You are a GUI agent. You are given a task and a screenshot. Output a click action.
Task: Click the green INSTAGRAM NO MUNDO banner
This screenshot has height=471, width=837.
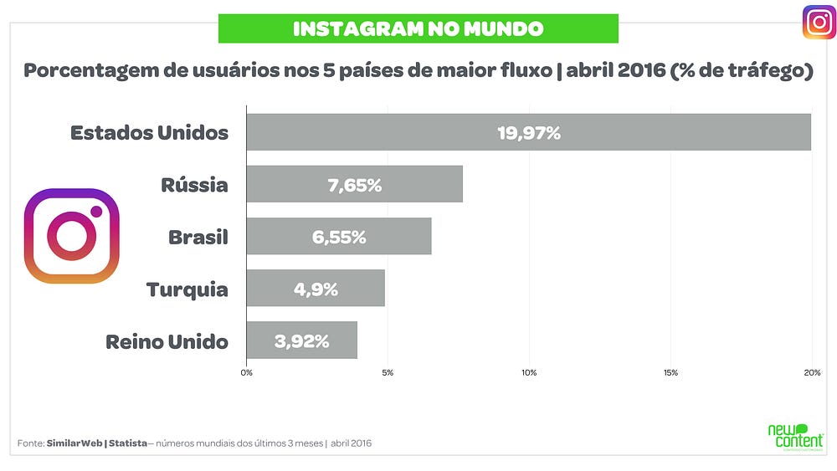pos(418,28)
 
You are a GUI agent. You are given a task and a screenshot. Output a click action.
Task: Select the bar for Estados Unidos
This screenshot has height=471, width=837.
pos(528,131)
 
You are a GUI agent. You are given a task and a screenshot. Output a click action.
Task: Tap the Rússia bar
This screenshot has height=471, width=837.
pos(354,184)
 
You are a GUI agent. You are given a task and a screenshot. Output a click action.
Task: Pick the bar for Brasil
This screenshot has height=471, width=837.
pos(339,236)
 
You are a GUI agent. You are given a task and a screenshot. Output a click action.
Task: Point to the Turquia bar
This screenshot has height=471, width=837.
pos(316,288)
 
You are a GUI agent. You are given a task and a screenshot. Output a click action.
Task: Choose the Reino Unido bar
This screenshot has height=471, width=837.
pos(301,340)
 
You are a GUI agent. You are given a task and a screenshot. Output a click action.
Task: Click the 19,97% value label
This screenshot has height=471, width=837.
pos(529,133)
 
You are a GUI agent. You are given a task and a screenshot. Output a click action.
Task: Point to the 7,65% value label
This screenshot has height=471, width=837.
pos(354,185)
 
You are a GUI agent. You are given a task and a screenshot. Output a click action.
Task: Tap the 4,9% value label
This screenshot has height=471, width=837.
pos(316,289)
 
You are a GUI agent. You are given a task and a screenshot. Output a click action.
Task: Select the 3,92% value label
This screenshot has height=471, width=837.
pos(301,341)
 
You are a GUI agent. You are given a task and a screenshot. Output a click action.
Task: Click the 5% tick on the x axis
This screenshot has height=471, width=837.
pos(388,373)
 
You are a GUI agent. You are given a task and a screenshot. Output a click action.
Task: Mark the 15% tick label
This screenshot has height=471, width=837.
pos(670,373)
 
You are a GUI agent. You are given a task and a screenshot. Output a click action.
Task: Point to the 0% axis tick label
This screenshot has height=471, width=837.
pos(247,373)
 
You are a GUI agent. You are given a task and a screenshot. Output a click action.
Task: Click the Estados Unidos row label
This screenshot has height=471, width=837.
pos(150,132)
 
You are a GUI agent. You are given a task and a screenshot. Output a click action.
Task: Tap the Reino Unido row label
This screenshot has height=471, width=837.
pos(167,341)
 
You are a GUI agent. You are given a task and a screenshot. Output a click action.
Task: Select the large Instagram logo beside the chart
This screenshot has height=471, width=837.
pos(71,236)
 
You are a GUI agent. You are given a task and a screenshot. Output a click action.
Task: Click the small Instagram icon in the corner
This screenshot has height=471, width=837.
pos(819,23)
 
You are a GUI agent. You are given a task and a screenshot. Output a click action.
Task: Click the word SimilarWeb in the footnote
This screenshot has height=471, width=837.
pos(74,443)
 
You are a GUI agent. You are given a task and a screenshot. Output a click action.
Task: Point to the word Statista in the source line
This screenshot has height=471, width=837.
pos(128,443)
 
